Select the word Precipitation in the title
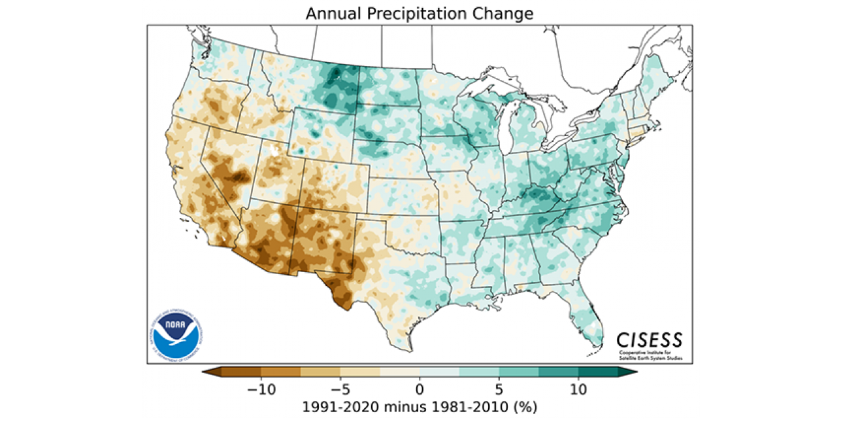418,14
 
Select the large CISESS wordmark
650,340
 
